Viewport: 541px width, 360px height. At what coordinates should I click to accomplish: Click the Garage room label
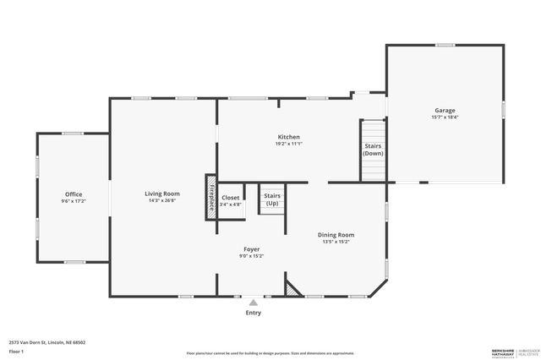[x=445, y=111]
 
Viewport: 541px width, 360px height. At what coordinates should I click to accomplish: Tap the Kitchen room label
[x=288, y=137]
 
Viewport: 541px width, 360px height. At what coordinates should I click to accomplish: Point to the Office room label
[x=74, y=194]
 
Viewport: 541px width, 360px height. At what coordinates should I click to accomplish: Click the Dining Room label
[x=336, y=234]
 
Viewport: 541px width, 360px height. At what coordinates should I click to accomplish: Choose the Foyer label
[x=251, y=249]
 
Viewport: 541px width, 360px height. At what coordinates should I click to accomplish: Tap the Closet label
[x=230, y=198]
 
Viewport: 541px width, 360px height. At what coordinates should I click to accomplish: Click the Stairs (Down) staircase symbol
[x=373, y=152]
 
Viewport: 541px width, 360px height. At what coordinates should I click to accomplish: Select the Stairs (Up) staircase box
[x=271, y=199]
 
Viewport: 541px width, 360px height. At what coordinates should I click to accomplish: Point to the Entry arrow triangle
[x=253, y=302]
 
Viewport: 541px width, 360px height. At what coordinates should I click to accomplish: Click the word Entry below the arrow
[x=253, y=313]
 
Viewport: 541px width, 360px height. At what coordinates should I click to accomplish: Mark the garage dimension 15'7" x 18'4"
[x=445, y=117]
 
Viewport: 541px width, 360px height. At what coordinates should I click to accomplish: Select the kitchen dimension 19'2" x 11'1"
[x=288, y=144]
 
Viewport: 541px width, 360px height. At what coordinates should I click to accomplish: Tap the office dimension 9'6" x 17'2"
[x=74, y=201]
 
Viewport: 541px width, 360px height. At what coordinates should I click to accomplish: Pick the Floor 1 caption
[x=16, y=351]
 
